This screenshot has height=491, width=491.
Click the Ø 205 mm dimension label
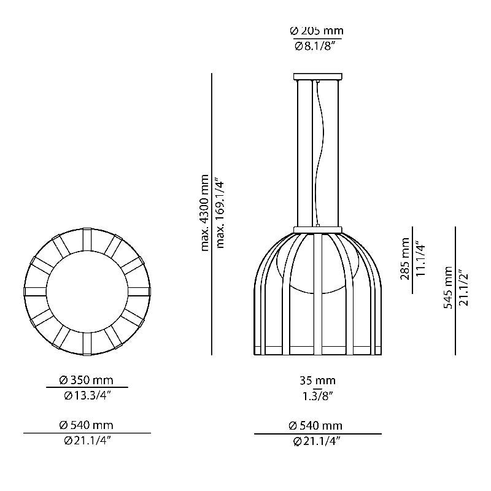(316, 31)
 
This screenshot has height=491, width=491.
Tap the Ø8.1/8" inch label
(316, 45)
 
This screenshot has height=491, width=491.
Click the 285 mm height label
(406, 259)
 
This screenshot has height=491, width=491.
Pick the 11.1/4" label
(421, 259)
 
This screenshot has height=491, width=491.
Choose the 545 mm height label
(449, 287)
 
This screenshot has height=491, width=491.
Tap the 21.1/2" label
(464, 287)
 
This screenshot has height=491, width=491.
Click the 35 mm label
(317, 381)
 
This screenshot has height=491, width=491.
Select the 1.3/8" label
(317, 395)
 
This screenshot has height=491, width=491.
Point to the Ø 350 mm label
(87, 381)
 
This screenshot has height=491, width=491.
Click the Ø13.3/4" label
(87, 395)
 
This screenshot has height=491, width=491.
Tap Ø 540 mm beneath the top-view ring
(87, 425)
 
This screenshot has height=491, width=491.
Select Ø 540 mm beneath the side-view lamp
(317, 425)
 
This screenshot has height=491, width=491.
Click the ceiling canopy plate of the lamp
(317, 77)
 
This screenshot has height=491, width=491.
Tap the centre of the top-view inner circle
(87, 291)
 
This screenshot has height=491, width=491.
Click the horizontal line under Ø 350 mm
(87, 388)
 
